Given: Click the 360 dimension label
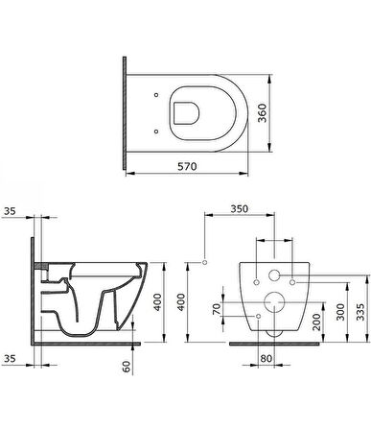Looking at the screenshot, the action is pyautogui.click(x=263, y=113).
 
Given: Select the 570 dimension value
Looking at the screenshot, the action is pyautogui.click(x=187, y=166).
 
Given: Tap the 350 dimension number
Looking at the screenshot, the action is pyautogui.click(x=240, y=208).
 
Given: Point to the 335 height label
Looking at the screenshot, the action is pyautogui.click(x=359, y=312).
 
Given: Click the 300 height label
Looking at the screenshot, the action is pyautogui.click(x=340, y=312).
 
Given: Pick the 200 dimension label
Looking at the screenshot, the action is pyautogui.click(x=316, y=322).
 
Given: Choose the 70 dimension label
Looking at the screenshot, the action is pyautogui.click(x=217, y=309).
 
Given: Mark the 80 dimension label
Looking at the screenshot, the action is pyautogui.click(x=266, y=358).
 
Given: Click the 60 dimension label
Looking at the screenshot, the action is pyautogui.click(x=127, y=367).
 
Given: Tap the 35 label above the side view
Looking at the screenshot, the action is pyautogui.click(x=10, y=211).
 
